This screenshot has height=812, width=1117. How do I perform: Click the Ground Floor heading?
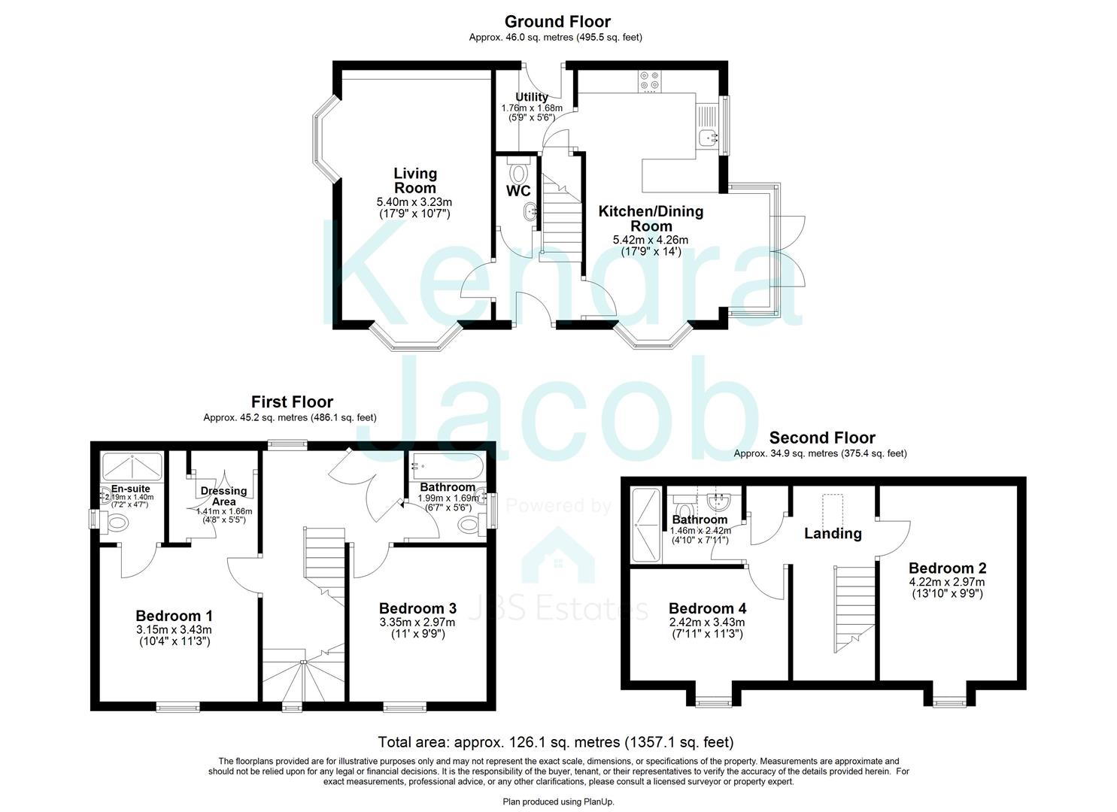(x=557, y=22)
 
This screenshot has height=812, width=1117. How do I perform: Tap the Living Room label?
(x=415, y=180)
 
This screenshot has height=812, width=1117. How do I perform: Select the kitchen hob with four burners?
(x=648, y=80)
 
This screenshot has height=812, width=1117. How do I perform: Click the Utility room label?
(x=532, y=97)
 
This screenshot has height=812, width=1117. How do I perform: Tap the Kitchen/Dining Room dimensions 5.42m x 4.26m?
(x=650, y=240)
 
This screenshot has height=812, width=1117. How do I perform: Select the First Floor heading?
(x=292, y=401)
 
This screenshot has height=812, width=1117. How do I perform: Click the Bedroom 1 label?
(x=174, y=615)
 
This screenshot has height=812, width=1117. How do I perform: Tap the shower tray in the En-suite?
(x=132, y=467)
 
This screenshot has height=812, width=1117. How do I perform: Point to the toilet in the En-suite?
(x=114, y=523)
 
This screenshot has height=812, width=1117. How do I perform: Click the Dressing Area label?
(x=223, y=496)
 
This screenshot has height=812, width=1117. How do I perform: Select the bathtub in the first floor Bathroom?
(x=446, y=467)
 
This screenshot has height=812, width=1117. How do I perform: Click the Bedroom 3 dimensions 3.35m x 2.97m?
(x=417, y=622)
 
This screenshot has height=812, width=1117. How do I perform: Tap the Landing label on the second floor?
(x=833, y=534)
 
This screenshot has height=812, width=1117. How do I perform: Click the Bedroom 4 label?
(x=707, y=608)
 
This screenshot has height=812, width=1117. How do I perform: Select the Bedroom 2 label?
(x=947, y=568)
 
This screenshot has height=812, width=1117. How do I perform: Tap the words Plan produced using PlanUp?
(x=558, y=802)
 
